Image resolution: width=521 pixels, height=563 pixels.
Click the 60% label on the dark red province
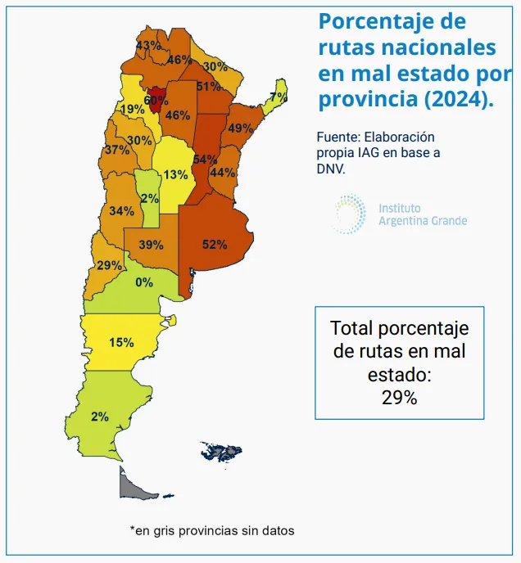pyautogui.click(x=155, y=101)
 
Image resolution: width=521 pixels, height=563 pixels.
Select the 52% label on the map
pyautogui.click(x=214, y=244)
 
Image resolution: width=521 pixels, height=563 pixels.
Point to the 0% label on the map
pyautogui.click(x=144, y=282)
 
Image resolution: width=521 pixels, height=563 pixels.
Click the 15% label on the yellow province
pyautogui.click(x=121, y=342)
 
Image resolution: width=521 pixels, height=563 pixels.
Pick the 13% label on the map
pyautogui.click(x=174, y=174)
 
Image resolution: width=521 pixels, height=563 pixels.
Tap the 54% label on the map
pyautogui.click(x=205, y=159)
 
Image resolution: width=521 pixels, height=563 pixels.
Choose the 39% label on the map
pyautogui.click(x=150, y=244)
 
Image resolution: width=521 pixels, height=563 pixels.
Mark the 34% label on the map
pyautogui.click(x=121, y=210)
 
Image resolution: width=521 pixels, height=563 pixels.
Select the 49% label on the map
pyautogui.click(x=240, y=128)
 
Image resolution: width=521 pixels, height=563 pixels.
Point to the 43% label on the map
pyautogui.click(x=148, y=45)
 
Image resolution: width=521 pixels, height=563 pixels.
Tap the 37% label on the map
pyautogui.click(x=116, y=150)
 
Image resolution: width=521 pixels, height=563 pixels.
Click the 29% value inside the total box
pyautogui.click(x=399, y=398)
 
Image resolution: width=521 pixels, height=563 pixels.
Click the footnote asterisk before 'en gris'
pyautogui.click(x=132, y=529)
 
